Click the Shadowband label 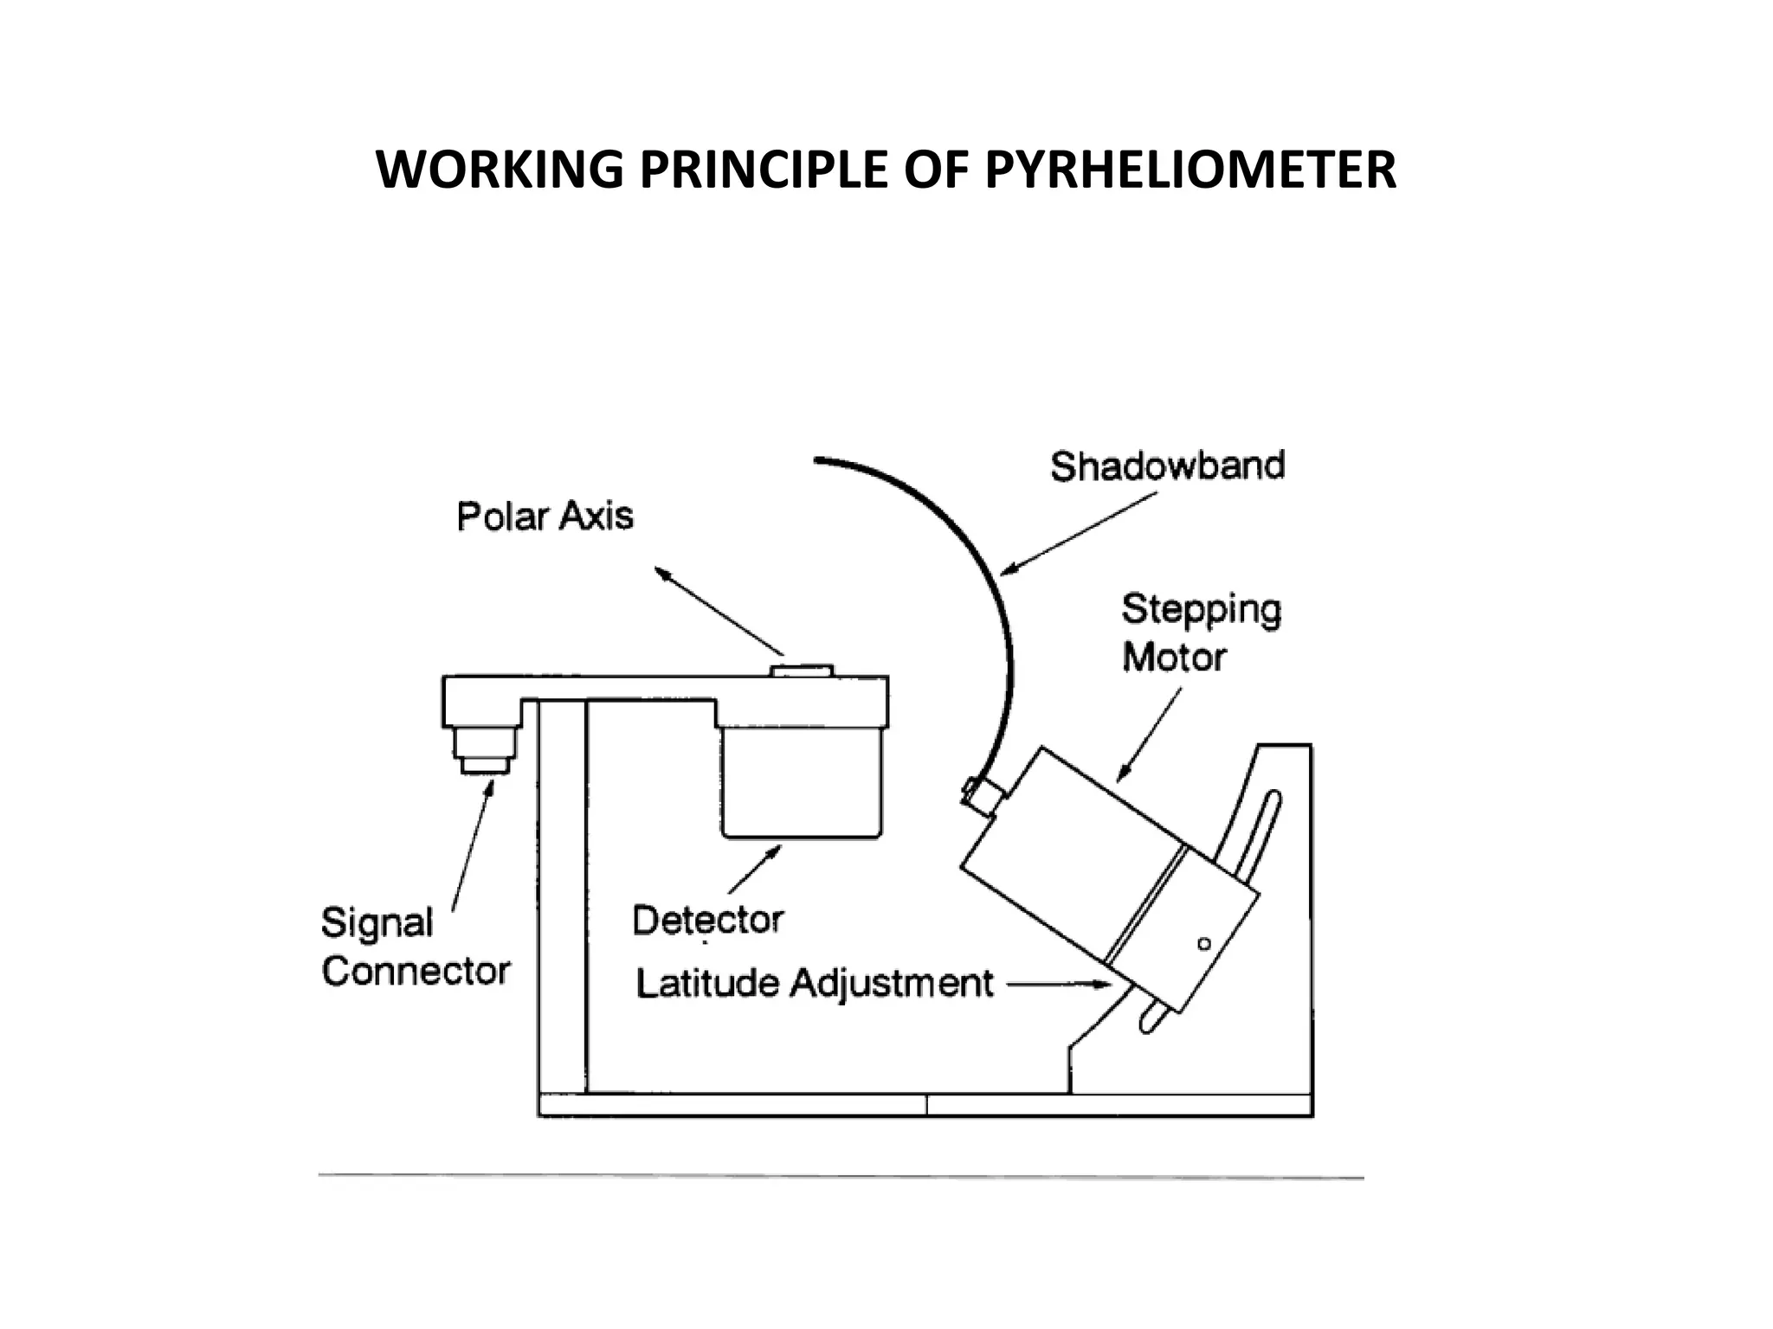[1167, 466]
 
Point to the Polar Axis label [545, 517]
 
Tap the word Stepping [1201, 610]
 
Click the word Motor [1174, 658]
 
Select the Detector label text [707, 920]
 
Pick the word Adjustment [892, 985]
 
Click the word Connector [416, 971]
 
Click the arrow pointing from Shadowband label [1078, 533]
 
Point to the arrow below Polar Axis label [719, 611]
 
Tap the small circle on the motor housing [1203, 943]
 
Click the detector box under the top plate [801, 781]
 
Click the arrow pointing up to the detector [755, 869]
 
